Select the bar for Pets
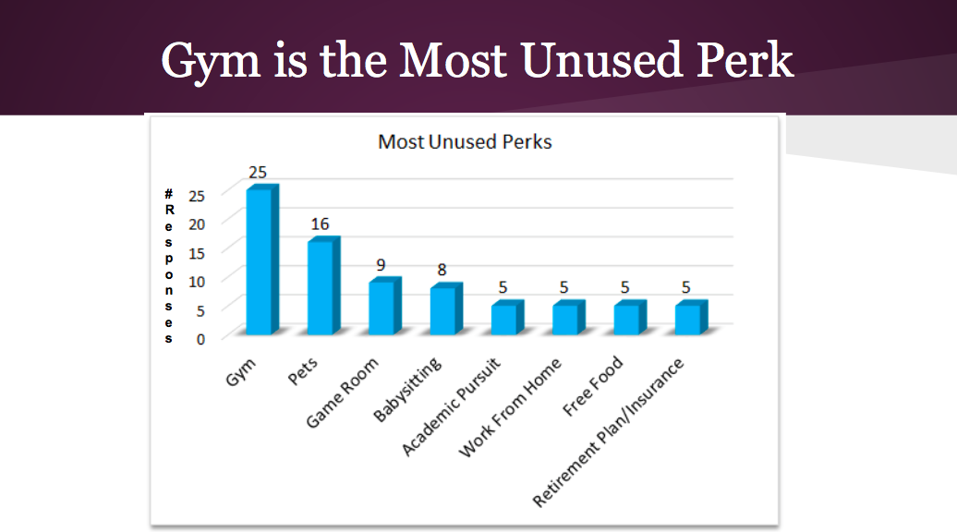[x=323, y=285]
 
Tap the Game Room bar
[x=384, y=306]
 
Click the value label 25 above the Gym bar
[x=258, y=173]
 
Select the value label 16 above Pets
[x=320, y=224]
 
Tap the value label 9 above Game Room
[x=381, y=265]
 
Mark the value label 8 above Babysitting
[x=442, y=270]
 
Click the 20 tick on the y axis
[x=197, y=224]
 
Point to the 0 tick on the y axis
[x=200, y=339]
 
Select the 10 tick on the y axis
[x=197, y=282]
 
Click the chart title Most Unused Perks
[x=465, y=142]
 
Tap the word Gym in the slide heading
[x=211, y=62]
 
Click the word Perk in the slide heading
[x=745, y=60]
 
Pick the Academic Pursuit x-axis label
[x=451, y=407]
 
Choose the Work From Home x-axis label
[x=510, y=407]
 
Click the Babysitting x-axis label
[x=407, y=389]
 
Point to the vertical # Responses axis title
[x=169, y=266]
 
